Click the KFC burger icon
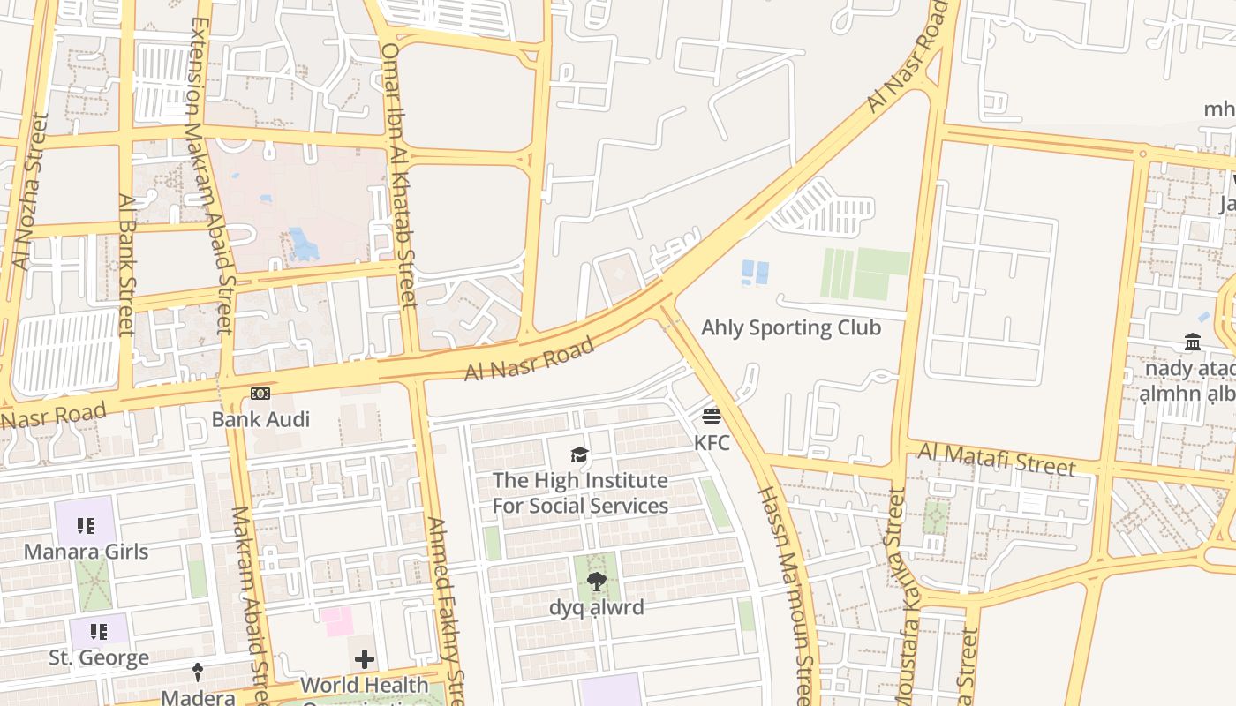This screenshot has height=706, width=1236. [712, 416]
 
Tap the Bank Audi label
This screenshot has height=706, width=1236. [260, 419]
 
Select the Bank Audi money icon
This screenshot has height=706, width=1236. [260, 394]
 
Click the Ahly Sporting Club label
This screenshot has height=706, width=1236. [791, 327]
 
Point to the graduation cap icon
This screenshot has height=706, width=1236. [579, 454]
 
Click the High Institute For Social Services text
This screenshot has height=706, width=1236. [580, 493]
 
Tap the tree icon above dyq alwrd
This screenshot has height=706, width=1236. [597, 581]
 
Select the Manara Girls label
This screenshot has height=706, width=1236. [86, 552]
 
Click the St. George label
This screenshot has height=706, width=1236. [99, 658]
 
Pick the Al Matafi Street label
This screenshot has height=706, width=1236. [997, 459]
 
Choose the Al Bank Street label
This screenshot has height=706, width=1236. [126, 265]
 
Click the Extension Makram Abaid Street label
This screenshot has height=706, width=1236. [210, 176]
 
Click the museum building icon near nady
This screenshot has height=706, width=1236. [1193, 342]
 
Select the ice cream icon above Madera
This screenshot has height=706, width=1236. [198, 672]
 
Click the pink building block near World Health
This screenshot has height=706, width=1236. [336, 620]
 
